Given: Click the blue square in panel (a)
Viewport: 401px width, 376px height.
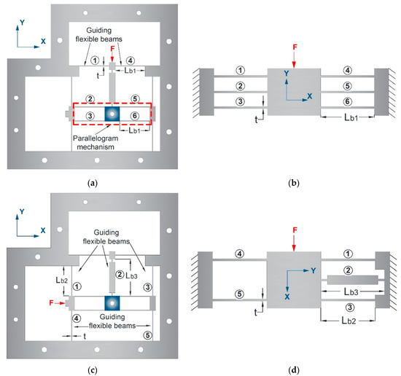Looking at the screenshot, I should pyautogui.click(x=111, y=114).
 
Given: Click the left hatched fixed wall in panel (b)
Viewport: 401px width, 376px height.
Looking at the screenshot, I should pyautogui.click(x=203, y=93).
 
